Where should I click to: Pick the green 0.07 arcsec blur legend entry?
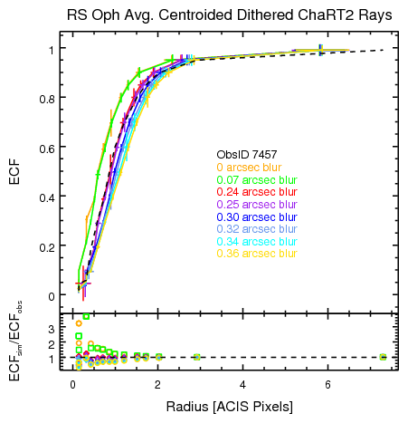(257, 179)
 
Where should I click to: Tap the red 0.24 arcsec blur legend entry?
(257, 192)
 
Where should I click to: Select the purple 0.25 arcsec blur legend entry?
(257, 205)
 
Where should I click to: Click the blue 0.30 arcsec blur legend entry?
(257, 217)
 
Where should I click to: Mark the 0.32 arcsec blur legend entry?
(257, 230)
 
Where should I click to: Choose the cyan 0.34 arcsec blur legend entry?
(257, 242)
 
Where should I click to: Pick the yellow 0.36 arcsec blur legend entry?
(257, 254)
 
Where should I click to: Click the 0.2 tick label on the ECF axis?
(53, 246)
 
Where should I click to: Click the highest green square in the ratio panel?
(86, 317)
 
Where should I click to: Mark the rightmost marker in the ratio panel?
(383, 357)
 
